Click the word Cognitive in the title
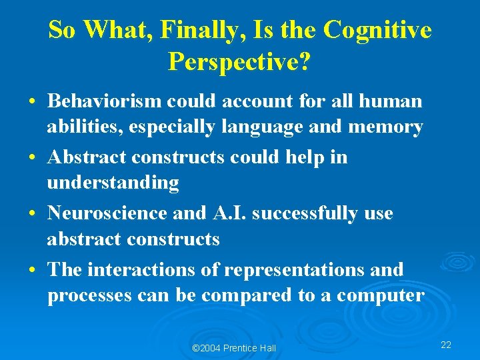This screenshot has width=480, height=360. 377,31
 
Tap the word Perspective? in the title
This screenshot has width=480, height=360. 240,62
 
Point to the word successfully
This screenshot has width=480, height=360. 308,213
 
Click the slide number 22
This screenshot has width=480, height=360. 446,345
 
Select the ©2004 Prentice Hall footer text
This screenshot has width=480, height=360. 233,348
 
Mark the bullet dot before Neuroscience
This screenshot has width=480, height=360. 32,215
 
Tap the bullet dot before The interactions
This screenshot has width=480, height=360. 32,271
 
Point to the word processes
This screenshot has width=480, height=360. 88,296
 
